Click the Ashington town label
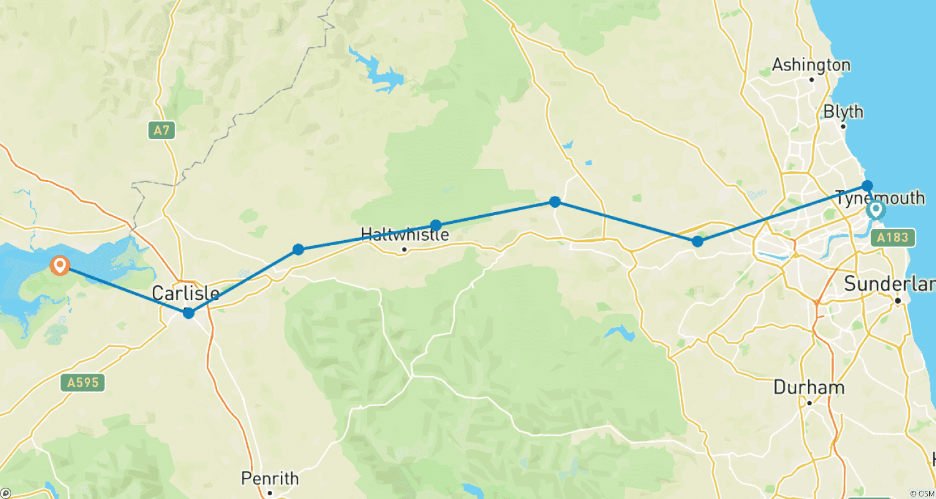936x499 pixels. [811, 65]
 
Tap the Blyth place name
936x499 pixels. [844, 112]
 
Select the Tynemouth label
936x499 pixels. [880, 198]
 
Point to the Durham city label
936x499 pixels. [809, 387]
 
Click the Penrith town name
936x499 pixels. [270, 479]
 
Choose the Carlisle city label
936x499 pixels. [186, 294]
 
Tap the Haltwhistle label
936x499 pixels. [405, 235]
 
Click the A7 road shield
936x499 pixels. [162, 131]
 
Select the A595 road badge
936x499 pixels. [83, 382]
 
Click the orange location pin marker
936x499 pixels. [60, 266]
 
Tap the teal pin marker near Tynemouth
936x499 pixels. [876, 210]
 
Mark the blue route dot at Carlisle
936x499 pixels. [188, 313]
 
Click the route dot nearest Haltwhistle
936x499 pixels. [436, 225]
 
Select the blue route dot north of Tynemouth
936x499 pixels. [867, 185]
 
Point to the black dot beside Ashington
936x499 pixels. [812, 79]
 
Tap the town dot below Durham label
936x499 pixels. [809, 403]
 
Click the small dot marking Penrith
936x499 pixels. [270, 493]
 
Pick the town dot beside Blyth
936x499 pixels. [844, 127]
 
